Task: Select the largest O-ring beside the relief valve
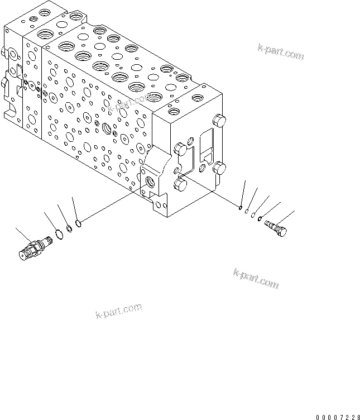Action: [59, 233]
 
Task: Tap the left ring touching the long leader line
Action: [79, 224]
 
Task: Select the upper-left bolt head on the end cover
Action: [180, 149]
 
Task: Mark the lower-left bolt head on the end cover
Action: [180, 184]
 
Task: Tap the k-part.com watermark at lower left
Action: [118, 312]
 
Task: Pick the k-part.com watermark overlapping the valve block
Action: [129, 102]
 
